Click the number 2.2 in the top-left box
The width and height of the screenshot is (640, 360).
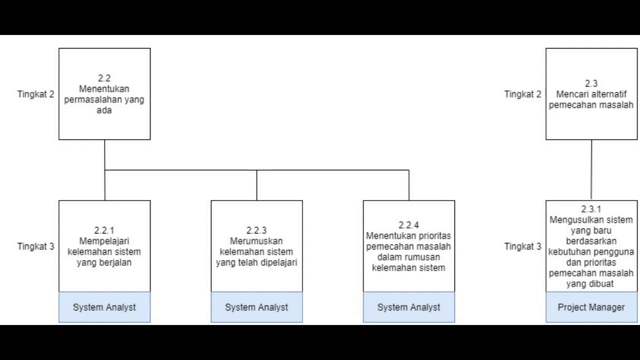tap(104, 78)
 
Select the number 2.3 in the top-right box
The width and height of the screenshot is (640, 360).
tap(591, 83)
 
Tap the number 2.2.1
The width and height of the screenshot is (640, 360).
tap(104, 230)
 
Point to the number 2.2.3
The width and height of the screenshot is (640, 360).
tap(256, 230)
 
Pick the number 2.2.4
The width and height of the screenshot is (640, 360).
tap(408, 225)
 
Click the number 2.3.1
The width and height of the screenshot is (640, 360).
tap(591, 209)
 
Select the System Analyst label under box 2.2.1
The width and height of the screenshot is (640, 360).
tap(104, 307)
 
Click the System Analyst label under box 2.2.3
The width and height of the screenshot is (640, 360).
tap(256, 307)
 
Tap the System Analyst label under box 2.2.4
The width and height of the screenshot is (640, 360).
tap(408, 307)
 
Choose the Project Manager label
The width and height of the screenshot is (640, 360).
tap(591, 307)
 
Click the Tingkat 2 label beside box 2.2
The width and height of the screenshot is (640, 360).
tap(35, 94)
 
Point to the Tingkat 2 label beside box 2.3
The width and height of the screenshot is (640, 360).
tap(522, 94)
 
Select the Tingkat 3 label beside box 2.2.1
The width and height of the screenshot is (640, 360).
tap(35, 246)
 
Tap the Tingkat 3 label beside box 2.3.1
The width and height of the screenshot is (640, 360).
tap(522, 246)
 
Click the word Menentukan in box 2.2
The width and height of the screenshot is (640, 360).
tap(104, 89)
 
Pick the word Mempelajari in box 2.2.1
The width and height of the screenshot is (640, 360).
tap(104, 241)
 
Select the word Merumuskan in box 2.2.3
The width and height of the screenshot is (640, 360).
tap(256, 241)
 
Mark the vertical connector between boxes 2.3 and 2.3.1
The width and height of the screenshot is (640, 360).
tap(591, 170)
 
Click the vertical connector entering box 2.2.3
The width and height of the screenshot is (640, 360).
tap(257, 185)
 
